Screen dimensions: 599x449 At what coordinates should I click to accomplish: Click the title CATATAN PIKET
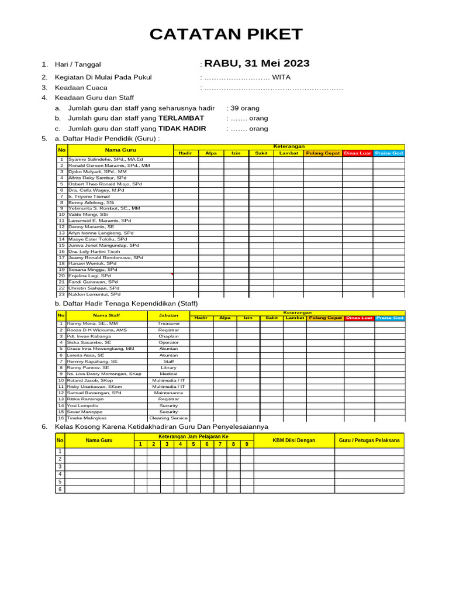point(226,35)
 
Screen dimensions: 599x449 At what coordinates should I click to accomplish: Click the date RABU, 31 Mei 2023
point(257,64)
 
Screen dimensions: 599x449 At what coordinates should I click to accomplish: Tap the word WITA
point(281,77)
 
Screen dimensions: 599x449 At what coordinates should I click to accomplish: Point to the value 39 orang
point(244,108)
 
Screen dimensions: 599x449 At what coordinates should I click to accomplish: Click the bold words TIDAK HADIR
point(182,128)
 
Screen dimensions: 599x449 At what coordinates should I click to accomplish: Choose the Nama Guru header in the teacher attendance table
point(120,150)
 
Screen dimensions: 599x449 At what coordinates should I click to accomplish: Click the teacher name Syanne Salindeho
point(105,159)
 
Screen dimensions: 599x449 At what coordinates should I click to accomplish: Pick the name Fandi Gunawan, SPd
point(93,282)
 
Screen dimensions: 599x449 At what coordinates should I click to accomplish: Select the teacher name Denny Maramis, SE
point(91,226)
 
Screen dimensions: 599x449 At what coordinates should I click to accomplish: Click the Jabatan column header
point(168,315)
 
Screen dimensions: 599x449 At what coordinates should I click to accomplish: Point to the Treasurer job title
point(168,323)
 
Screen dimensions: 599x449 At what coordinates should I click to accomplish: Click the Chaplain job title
point(168,337)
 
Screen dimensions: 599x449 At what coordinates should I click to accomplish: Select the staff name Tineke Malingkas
point(87,418)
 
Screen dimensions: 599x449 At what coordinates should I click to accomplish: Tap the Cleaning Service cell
point(168,418)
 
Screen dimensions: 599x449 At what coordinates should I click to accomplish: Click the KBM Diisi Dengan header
point(293,440)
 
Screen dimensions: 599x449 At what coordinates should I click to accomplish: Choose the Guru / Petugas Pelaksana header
point(369,440)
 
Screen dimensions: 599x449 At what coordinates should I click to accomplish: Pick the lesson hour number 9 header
point(247,444)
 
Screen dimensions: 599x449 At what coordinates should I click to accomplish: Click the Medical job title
point(168,373)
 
